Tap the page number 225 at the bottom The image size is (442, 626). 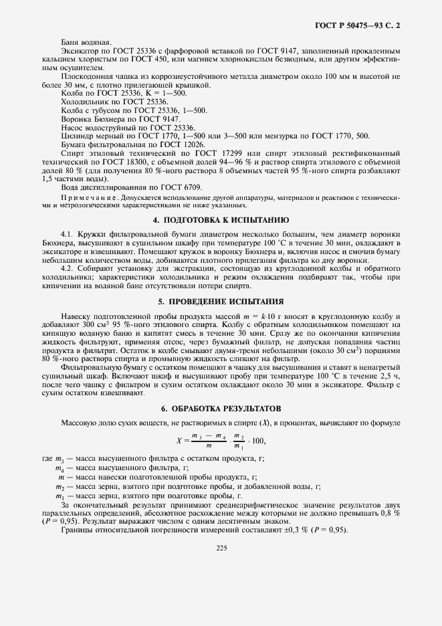tap(221, 548)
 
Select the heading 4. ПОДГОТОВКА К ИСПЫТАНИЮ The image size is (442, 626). tap(221, 219)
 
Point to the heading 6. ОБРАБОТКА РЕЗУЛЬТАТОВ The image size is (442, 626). tap(221, 408)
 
